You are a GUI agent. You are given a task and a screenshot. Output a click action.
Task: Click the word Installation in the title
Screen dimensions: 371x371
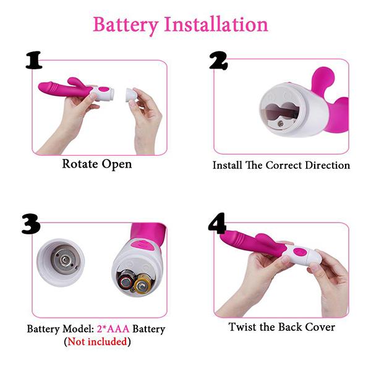click(x=215, y=24)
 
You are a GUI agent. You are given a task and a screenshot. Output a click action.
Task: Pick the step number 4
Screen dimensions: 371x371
click(x=217, y=224)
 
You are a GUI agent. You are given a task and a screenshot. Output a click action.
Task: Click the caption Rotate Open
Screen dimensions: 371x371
click(x=96, y=164)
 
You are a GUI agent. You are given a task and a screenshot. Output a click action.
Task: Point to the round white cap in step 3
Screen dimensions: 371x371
click(x=61, y=263)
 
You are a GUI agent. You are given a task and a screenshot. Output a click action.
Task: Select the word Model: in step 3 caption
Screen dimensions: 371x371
click(x=76, y=329)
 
